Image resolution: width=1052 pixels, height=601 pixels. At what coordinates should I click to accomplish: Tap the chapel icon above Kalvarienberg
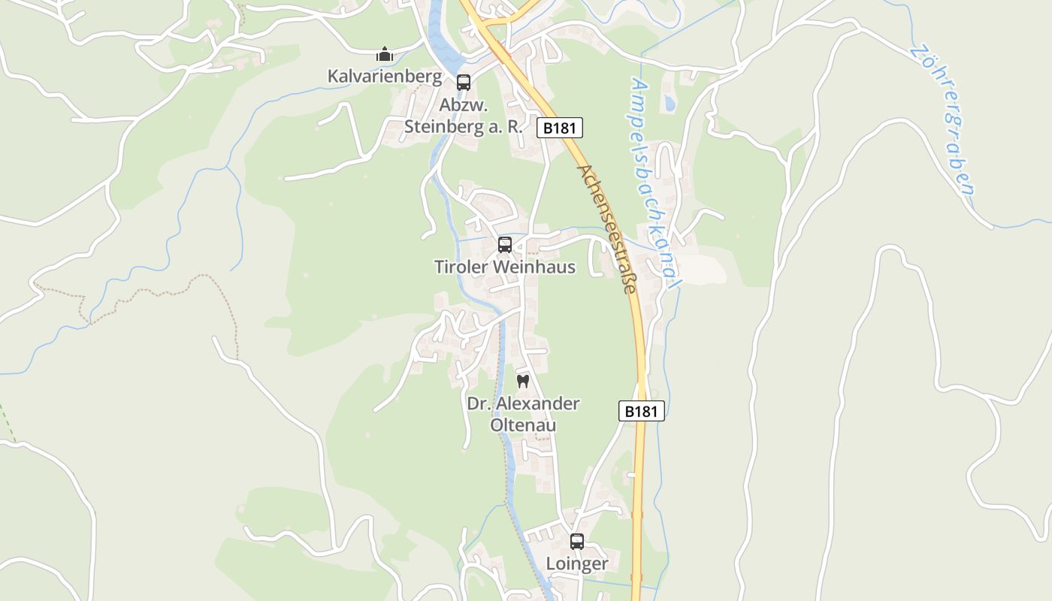(385, 54)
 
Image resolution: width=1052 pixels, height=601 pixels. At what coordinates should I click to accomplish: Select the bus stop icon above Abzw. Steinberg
(464, 83)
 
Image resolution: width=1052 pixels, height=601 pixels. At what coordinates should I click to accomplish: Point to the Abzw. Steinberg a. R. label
(463, 116)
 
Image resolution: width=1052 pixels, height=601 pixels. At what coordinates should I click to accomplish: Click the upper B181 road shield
(560, 128)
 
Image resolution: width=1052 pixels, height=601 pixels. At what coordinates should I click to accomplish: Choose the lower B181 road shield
(642, 411)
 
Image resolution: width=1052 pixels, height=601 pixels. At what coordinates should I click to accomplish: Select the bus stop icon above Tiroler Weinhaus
(505, 245)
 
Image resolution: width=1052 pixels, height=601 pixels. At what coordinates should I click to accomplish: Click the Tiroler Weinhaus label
(505, 267)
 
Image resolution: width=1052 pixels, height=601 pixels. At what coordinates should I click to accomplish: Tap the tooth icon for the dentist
(524, 381)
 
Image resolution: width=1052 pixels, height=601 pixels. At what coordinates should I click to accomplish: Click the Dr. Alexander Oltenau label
(524, 414)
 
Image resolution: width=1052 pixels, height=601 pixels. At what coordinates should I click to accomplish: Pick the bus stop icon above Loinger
(577, 541)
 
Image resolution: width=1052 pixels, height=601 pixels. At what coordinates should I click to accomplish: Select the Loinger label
(577, 563)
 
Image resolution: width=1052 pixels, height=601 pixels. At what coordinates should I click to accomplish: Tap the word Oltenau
(524, 425)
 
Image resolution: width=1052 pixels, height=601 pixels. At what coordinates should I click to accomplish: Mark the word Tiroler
(461, 267)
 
